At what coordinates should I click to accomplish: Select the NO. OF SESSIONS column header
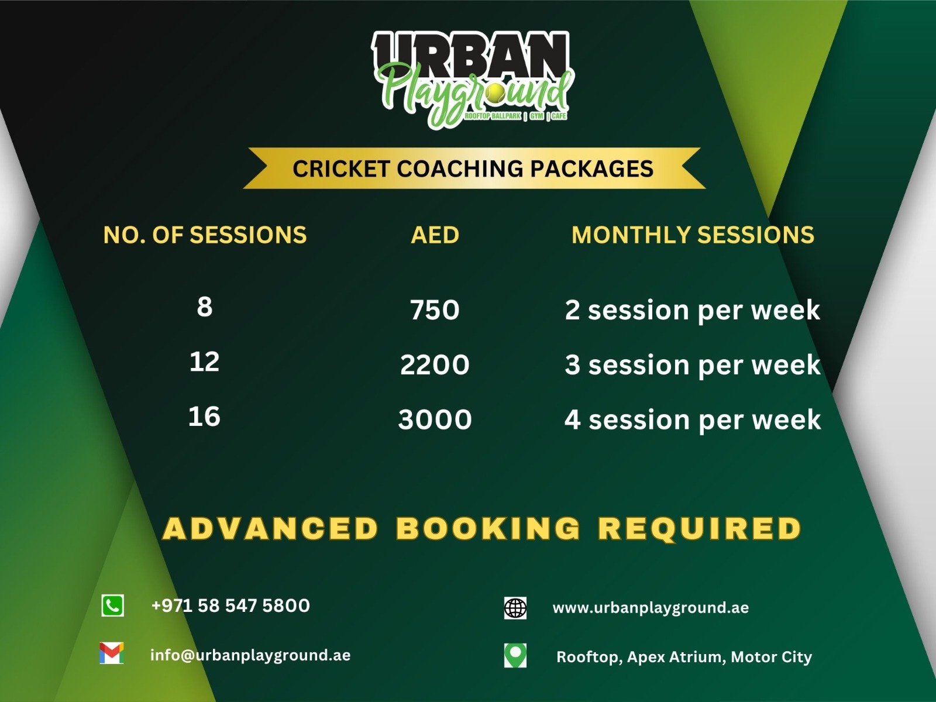[205, 235]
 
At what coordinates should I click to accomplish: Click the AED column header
[435, 235]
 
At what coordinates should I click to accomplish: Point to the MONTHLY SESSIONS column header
[693, 235]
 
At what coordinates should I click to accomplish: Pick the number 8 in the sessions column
[205, 307]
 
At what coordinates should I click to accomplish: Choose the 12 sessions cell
[205, 362]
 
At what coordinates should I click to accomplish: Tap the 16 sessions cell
[205, 417]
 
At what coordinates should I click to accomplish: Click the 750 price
[435, 310]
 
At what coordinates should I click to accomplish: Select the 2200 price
[435, 365]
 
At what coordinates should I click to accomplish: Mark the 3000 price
[435, 420]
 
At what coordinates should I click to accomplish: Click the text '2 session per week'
[692, 310]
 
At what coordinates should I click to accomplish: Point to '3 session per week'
[692, 365]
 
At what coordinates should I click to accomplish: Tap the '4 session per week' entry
[692, 420]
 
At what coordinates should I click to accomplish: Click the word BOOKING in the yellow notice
[488, 528]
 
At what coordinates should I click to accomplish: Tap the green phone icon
[112, 606]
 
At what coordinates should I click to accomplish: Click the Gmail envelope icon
[112, 653]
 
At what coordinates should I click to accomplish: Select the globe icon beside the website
[515, 608]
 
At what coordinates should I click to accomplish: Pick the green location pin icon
[515, 656]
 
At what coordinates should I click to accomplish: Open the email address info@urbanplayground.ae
[250, 655]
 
